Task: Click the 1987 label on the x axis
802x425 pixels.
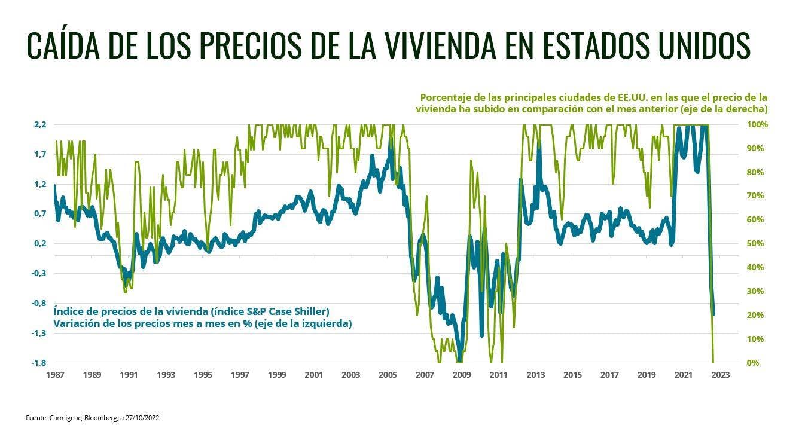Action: point(55,375)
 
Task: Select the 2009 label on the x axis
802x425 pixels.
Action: point(462,375)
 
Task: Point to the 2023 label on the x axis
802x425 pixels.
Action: point(720,375)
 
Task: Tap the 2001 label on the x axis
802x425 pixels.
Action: point(314,375)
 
